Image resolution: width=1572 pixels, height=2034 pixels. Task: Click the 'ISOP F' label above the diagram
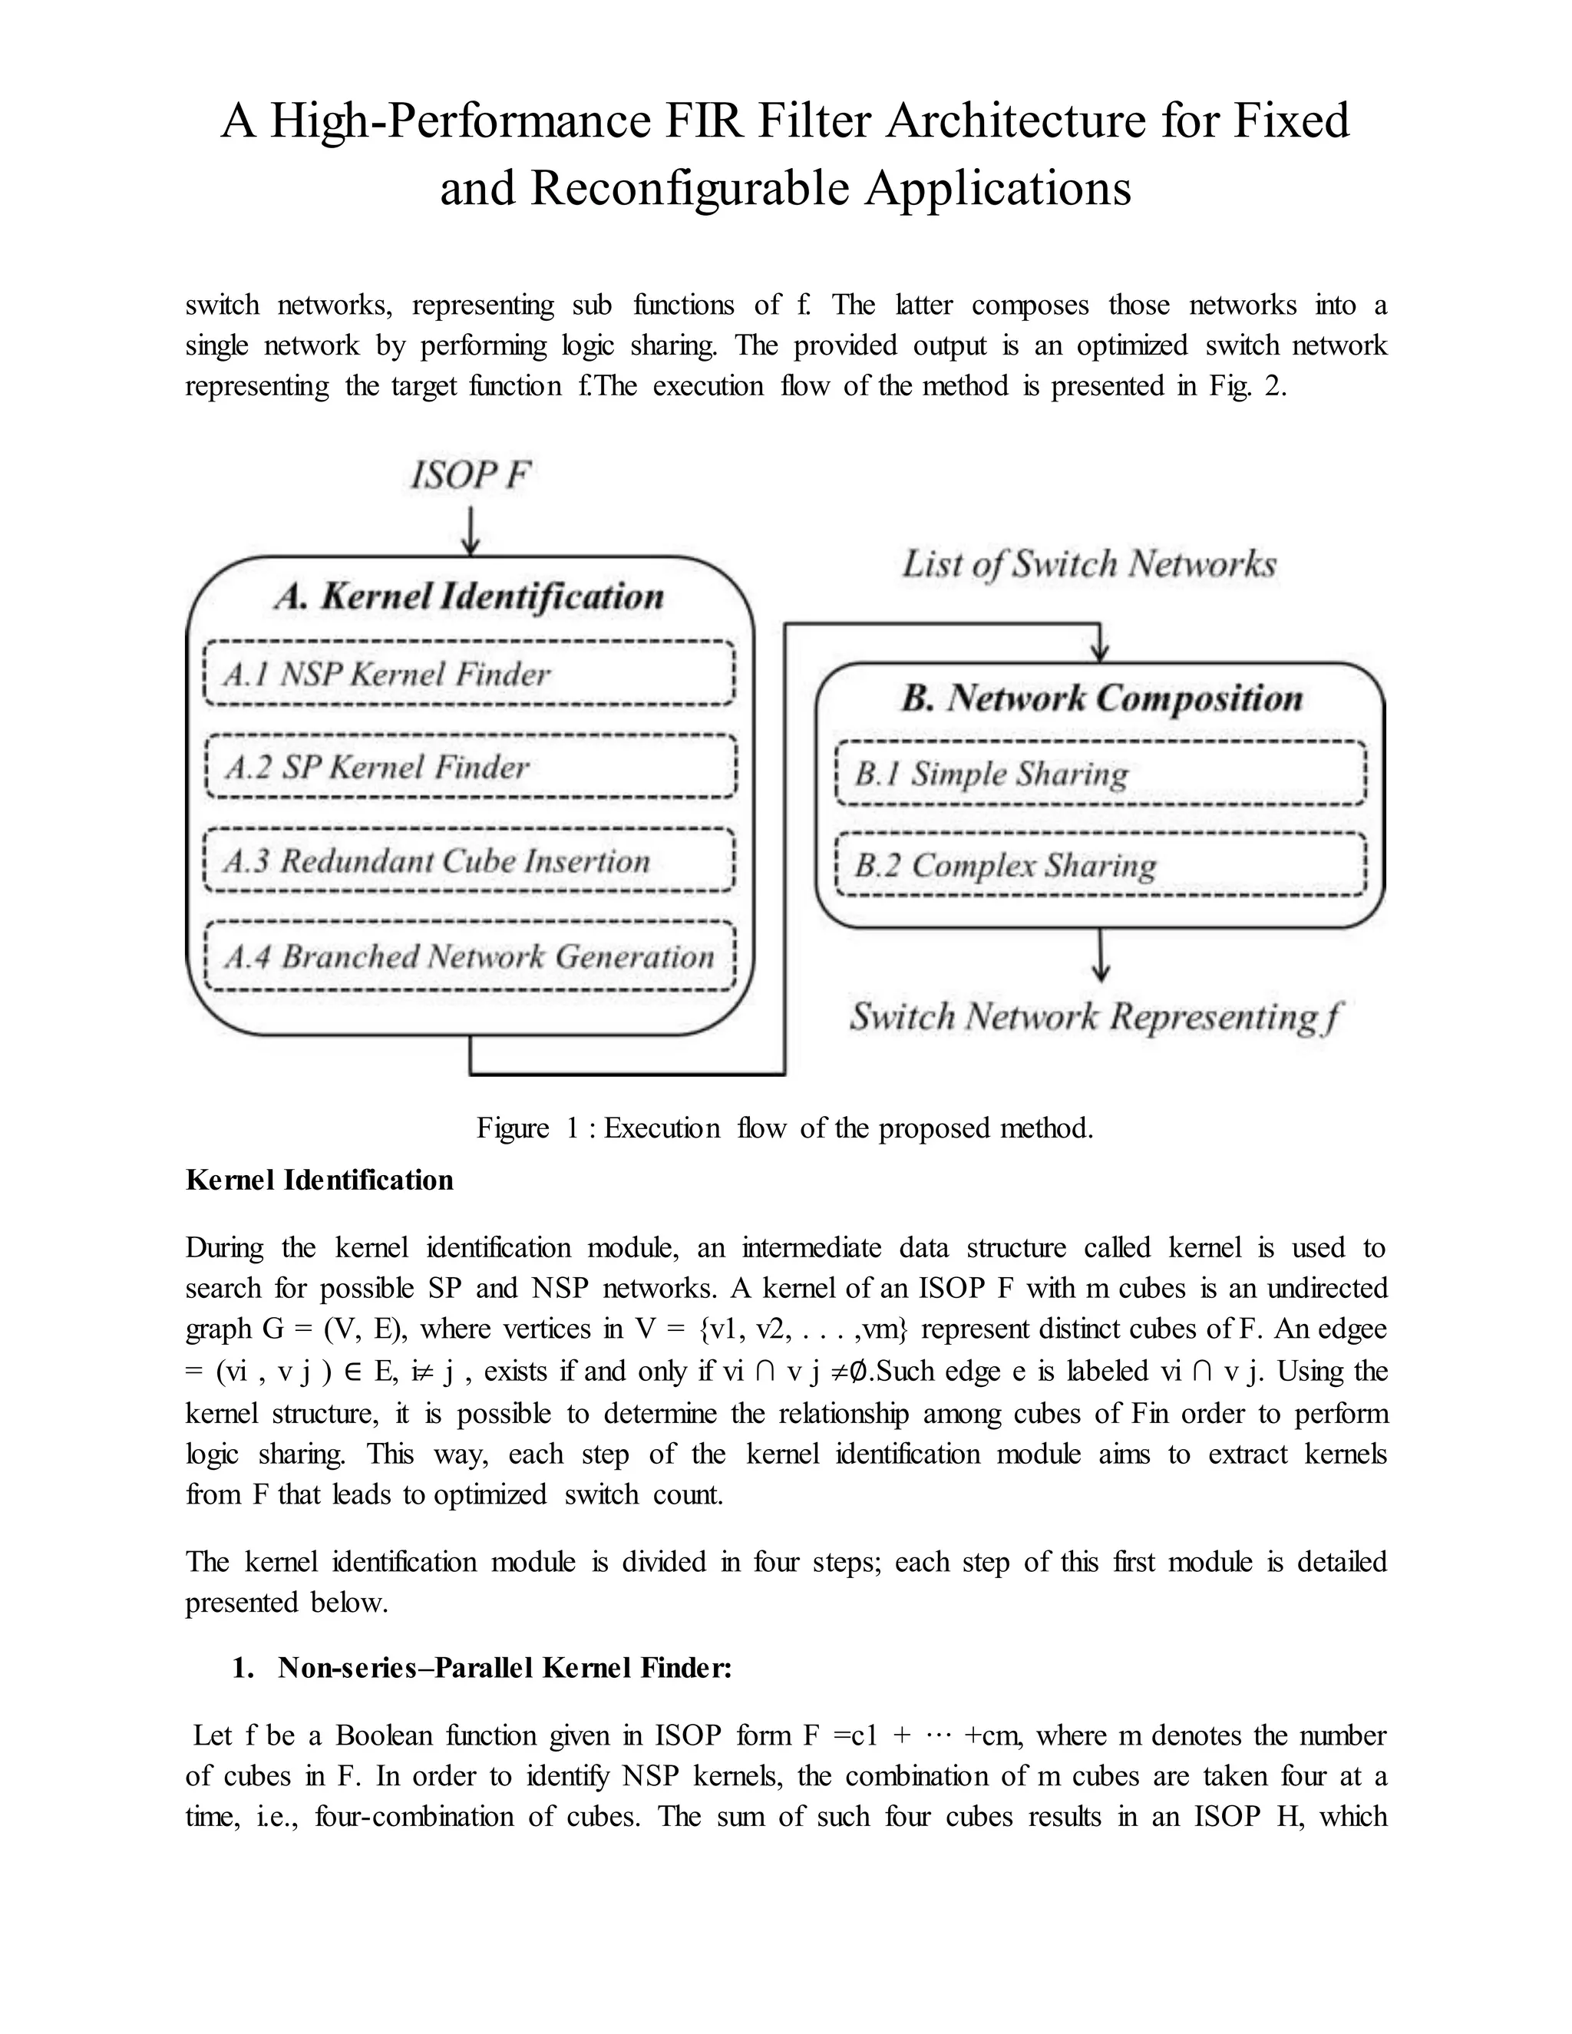pos(471,476)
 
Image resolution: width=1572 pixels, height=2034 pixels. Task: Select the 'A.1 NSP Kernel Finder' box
pos(469,673)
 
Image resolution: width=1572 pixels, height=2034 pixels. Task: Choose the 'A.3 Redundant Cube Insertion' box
pos(469,860)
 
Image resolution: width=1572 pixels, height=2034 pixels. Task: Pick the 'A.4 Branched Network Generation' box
pos(469,956)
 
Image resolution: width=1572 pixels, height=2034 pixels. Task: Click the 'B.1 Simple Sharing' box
pos(1101,773)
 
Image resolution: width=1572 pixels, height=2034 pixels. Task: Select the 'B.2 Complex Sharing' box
pos(1101,865)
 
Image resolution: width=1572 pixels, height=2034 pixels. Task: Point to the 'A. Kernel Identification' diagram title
pos(469,597)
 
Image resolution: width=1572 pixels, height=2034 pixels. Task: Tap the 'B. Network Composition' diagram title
pos(1101,698)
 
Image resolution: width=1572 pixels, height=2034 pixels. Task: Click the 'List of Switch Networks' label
pos(1088,564)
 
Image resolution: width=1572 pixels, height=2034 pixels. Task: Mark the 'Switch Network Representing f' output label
pos(1095,1017)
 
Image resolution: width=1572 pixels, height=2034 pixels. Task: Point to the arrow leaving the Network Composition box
pos(1101,956)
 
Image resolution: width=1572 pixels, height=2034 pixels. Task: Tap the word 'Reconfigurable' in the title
pos(690,188)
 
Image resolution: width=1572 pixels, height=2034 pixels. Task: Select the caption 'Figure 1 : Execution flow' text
pos(784,1129)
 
